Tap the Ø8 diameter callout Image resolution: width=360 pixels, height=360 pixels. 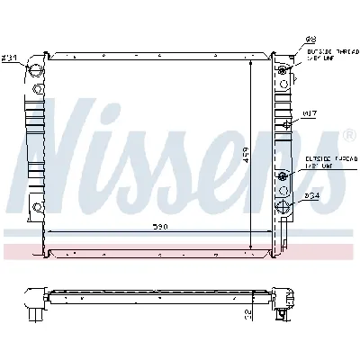pyautogui.click(x=287, y=39)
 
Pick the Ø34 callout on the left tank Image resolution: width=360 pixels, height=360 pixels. pyautogui.click(x=33, y=58)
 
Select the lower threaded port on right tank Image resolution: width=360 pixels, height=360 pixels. pyautogui.click(x=283, y=176)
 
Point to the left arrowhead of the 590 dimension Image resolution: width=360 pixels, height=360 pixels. pyautogui.click(x=52, y=231)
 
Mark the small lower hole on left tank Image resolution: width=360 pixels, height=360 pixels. pyautogui.click(x=37, y=209)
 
